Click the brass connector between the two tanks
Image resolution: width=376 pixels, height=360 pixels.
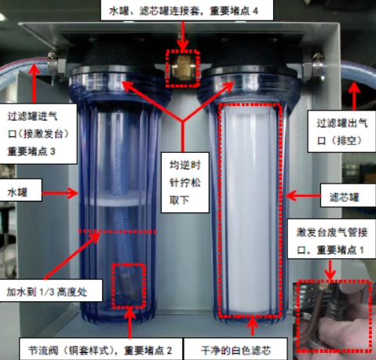point(182,68)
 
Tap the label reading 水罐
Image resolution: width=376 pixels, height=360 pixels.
point(17,192)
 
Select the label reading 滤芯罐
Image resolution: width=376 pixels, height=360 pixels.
point(344,197)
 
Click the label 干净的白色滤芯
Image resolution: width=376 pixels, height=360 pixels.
point(235,351)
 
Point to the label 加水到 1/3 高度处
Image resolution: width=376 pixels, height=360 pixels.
point(46,292)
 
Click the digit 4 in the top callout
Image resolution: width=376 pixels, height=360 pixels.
point(255,11)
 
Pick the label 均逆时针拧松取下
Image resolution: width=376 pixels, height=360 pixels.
point(184,183)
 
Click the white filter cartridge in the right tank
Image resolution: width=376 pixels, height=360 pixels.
point(250,210)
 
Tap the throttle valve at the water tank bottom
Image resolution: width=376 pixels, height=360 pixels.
point(129,285)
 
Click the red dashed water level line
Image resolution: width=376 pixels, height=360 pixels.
point(118,231)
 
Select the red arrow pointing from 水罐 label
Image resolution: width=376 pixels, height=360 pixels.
point(60,193)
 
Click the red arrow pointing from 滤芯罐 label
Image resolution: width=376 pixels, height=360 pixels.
point(304,195)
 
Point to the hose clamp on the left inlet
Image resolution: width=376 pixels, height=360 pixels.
point(53,63)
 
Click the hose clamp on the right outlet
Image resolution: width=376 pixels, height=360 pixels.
point(318,67)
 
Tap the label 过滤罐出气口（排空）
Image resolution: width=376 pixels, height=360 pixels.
point(342,132)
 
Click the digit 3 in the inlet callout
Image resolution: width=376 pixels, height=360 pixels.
point(53,151)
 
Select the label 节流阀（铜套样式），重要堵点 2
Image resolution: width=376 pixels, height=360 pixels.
point(100,351)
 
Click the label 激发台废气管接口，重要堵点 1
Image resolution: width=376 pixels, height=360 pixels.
point(332,241)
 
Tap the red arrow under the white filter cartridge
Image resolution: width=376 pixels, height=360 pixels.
point(252,325)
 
